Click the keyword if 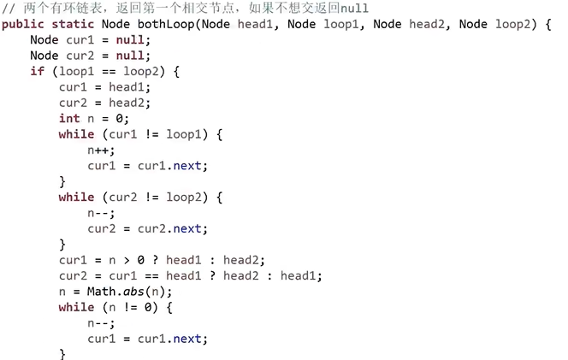pyautogui.click(x=37, y=72)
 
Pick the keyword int pyautogui.click(x=69, y=119)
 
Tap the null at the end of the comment pyautogui.click(x=354, y=8)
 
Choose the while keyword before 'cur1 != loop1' pyautogui.click(x=76, y=134)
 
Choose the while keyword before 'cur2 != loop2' pyautogui.click(x=76, y=198)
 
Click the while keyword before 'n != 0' pyautogui.click(x=76, y=307)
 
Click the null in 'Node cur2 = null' pyautogui.click(x=122, y=56)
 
